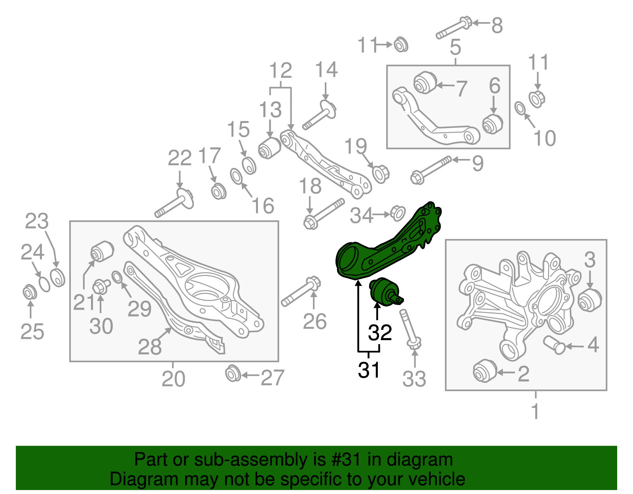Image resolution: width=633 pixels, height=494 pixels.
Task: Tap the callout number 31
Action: (369, 370)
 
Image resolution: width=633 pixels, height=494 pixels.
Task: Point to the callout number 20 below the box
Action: (173, 379)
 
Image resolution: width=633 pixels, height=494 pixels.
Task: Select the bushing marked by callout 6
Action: (493, 123)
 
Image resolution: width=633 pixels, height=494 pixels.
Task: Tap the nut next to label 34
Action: (397, 213)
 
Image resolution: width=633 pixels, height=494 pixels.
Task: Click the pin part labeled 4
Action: (554, 344)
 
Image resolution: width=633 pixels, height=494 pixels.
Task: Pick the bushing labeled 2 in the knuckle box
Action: (484, 371)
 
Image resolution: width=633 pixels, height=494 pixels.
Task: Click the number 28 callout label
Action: (150, 347)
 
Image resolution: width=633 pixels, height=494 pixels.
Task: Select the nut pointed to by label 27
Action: (233, 374)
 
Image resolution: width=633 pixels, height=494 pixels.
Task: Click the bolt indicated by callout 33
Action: (409, 329)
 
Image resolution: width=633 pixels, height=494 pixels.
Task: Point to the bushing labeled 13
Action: (269, 148)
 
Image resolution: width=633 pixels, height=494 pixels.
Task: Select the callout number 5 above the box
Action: (455, 47)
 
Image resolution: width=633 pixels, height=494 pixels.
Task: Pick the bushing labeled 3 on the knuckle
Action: (589, 300)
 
